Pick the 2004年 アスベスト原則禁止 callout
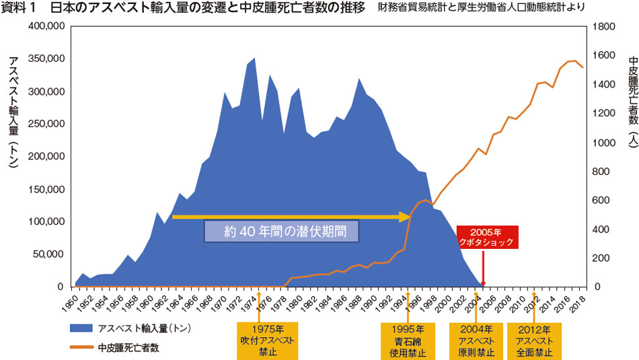coord(476,340)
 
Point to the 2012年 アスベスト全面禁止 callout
coord(534,340)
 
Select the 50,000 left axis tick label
coord(49,254)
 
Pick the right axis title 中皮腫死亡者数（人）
coord(630,101)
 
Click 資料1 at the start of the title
coord(20,8)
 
